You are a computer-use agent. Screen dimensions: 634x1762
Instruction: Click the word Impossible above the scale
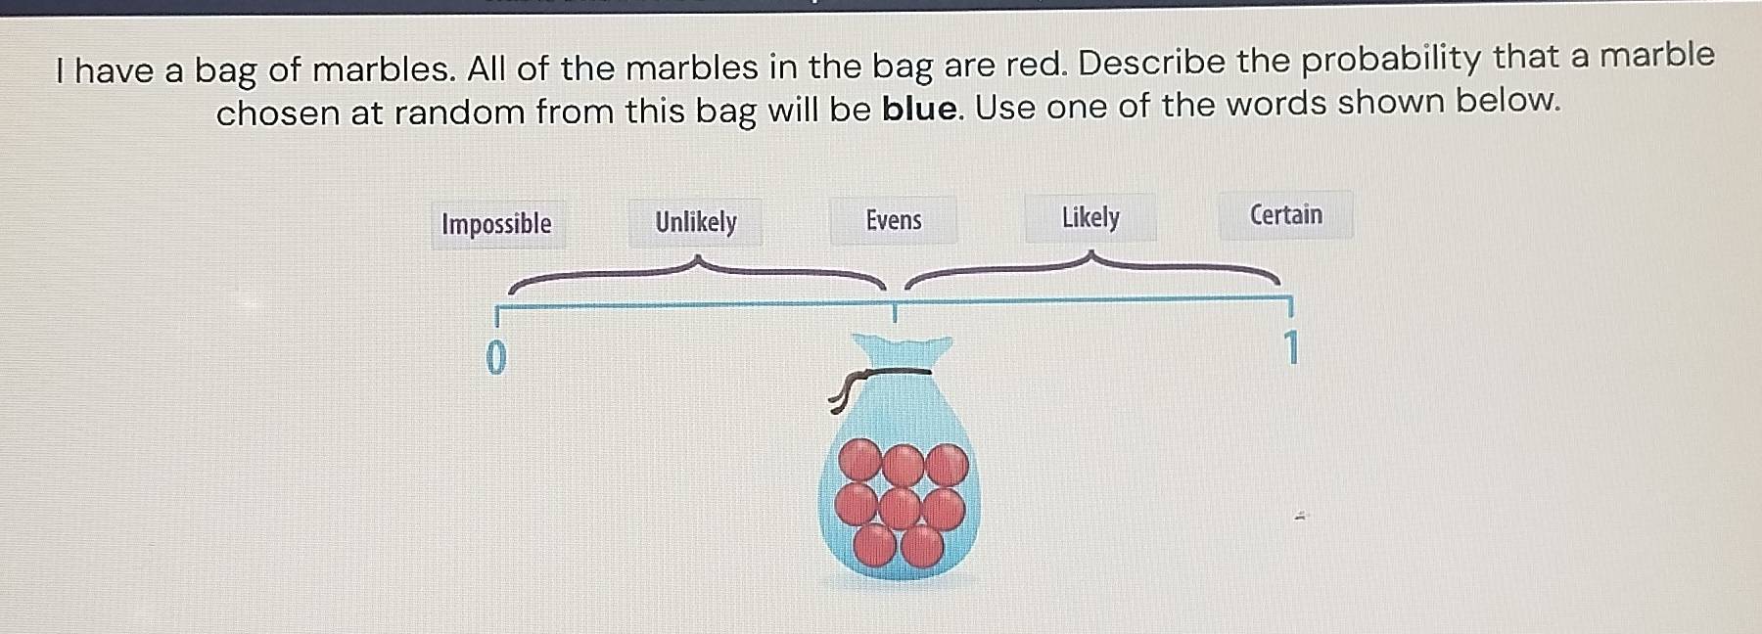click(x=496, y=224)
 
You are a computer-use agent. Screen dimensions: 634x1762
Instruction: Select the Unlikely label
click(x=695, y=222)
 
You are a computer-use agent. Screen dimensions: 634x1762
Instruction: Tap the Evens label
click(x=893, y=220)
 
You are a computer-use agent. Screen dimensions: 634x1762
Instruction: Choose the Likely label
click(x=1090, y=217)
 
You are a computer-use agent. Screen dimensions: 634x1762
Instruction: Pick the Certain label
click(x=1285, y=214)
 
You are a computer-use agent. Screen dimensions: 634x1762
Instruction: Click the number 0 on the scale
click(x=496, y=358)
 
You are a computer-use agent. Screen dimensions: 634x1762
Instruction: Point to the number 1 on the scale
click(x=1291, y=347)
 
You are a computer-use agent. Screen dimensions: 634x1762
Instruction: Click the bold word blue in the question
click(x=919, y=109)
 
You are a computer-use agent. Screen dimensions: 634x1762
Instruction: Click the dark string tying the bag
click(x=881, y=374)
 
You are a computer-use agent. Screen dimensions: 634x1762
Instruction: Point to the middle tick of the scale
click(x=893, y=313)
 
